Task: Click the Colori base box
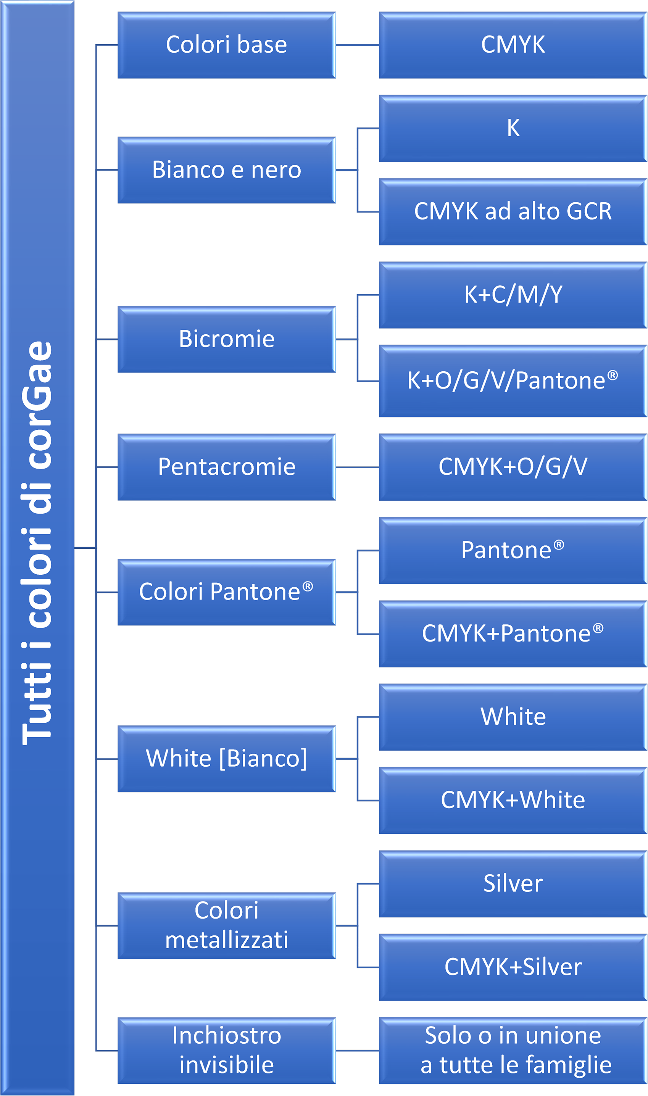227,45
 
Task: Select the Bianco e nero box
227,170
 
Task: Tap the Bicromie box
227,339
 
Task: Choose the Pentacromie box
227,467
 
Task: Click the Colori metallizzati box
227,926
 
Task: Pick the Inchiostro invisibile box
227,1051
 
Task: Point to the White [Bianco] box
227,759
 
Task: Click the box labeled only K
513,128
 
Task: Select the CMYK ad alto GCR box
513,212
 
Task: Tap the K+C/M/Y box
513,295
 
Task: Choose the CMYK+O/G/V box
513,467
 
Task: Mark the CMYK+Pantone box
513,634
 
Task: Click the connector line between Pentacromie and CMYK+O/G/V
358,467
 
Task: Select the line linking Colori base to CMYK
358,45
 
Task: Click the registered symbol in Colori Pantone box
308,586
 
